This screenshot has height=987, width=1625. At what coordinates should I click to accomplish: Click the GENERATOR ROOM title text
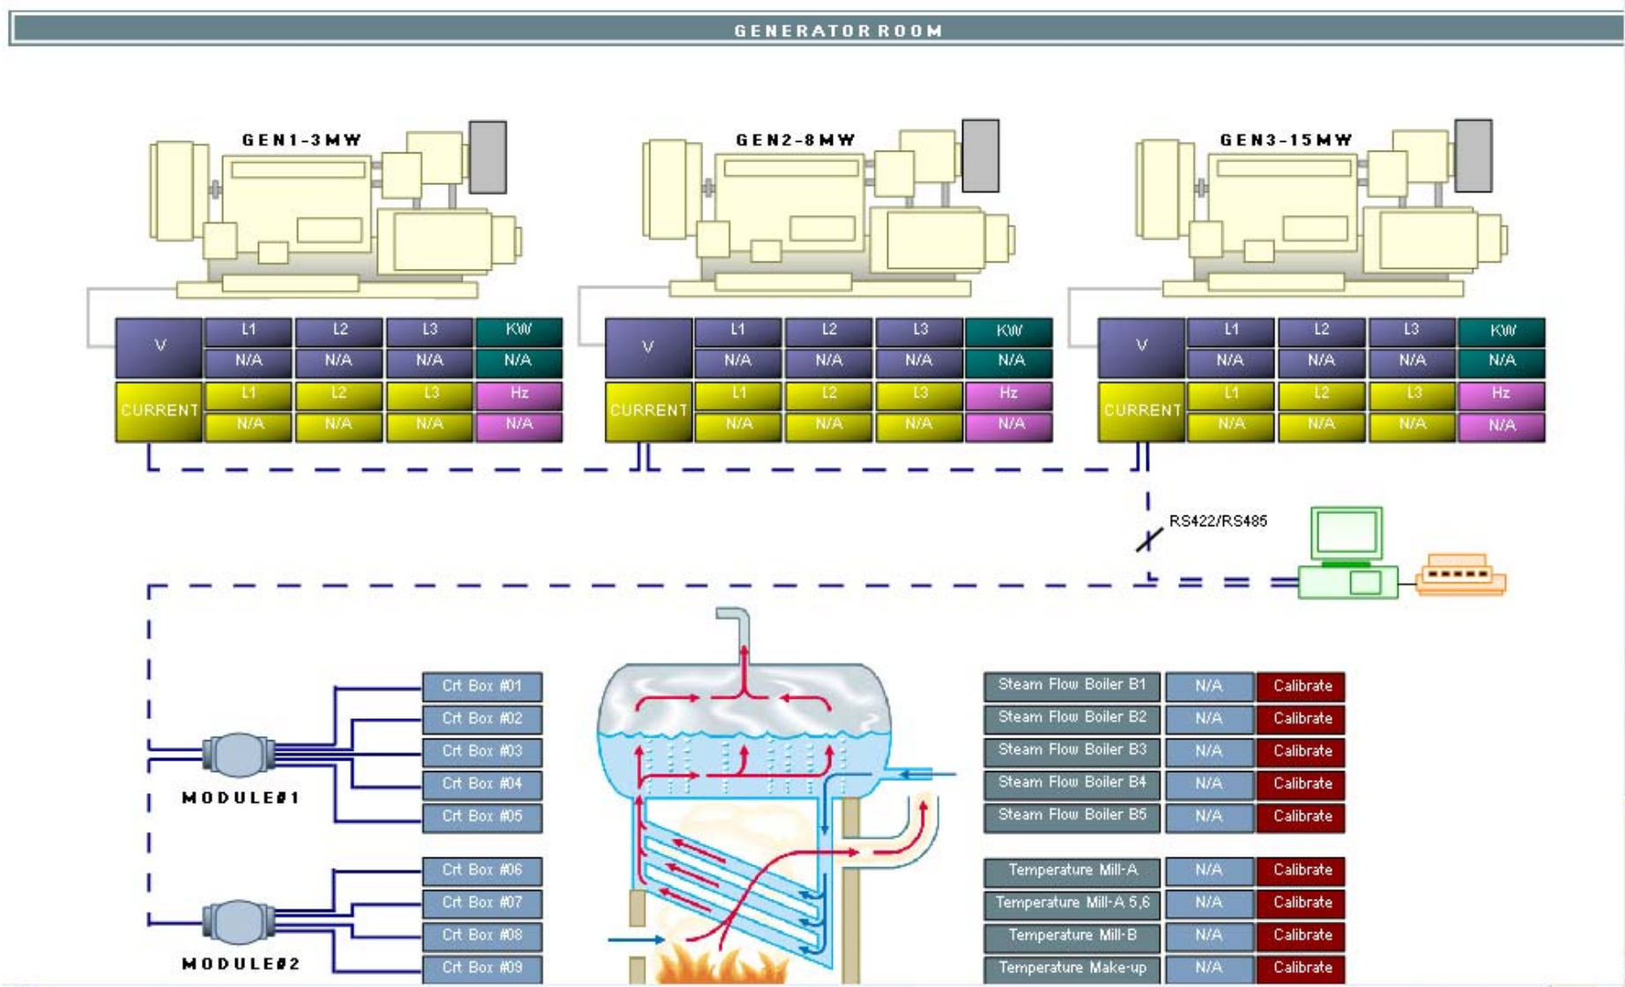point(838,31)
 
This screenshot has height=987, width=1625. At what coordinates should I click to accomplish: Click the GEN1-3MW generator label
point(301,140)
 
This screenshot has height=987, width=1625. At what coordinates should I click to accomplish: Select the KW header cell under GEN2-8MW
point(1009,330)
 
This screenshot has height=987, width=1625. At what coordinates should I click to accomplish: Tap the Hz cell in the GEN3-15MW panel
point(1501,394)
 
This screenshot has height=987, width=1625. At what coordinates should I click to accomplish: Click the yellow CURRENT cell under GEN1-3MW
point(160,411)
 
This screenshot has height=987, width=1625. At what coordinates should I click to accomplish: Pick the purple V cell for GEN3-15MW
point(1141,346)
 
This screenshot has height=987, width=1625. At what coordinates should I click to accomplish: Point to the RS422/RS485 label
point(1218,521)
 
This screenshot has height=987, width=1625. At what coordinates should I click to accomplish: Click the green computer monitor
point(1346,534)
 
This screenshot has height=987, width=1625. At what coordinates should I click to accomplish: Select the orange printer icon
point(1460,575)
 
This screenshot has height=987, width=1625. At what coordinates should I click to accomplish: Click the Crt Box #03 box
point(482,752)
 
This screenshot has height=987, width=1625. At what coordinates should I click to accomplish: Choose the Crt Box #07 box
point(482,903)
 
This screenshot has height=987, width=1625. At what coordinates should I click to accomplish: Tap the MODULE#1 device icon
point(238,755)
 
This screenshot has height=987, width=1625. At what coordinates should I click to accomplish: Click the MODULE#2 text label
point(241,964)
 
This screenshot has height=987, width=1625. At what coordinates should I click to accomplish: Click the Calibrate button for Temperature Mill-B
point(1301,936)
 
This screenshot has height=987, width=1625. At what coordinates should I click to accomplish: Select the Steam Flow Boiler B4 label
point(1072,783)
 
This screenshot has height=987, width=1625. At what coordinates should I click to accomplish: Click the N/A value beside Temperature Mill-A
point(1208,871)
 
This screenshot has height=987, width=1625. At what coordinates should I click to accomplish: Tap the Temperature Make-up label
point(1072,968)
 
